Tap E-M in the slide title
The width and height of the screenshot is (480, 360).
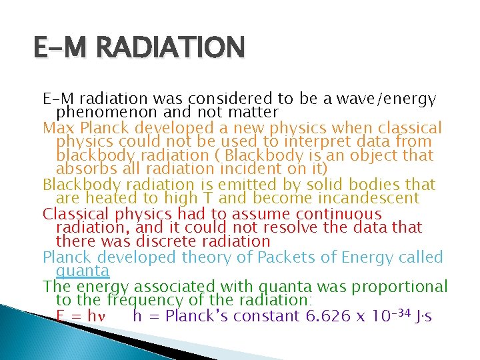65,48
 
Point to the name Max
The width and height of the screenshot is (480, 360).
57,127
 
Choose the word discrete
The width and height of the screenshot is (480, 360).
165,241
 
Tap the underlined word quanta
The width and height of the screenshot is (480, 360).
83,271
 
